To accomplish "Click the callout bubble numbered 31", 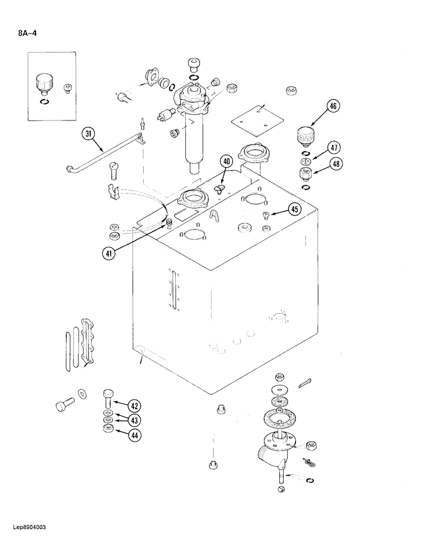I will pos(88,133).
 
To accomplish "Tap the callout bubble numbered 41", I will pos(111,254).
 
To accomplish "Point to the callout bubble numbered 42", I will pos(134,405).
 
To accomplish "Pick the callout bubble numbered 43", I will pos(134,420).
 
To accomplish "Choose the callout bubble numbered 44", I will pos(134,435).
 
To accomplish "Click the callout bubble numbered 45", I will pos(295,209).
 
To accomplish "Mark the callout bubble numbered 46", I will pos(334,106).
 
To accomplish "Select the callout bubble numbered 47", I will pos(334,148).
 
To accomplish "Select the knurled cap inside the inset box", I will pos(43,84).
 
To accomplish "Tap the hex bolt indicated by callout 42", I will pos(108,398).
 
